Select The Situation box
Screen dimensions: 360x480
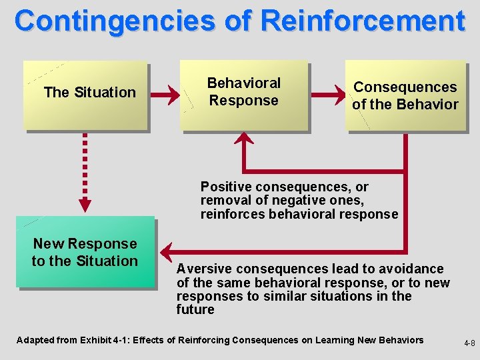[x=85, y=95]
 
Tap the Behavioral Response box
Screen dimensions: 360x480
[x=244, y=95]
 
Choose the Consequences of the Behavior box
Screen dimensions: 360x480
[x=405, y=95]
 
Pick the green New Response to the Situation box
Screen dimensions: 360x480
[x=85, y=252]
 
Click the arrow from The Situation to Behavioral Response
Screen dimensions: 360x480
[x=165, y=95]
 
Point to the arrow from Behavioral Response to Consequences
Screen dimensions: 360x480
[x=327, y=95]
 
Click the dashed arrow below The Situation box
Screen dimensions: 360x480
[x=86, y=171]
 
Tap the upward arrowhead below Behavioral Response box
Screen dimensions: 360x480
[x=245, y=139]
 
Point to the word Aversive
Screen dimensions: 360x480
[x=201, y=269]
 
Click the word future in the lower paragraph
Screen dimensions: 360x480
[x=195, y=309]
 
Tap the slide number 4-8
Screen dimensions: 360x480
[x=469, y=344]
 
